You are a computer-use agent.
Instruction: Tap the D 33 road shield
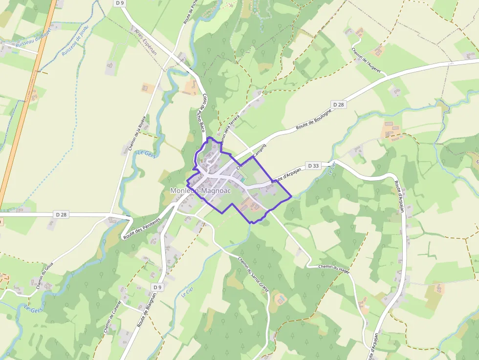tap(313, 166)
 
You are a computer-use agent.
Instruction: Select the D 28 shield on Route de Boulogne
tap(339, 105)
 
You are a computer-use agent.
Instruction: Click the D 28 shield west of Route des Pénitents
tap(61, 214)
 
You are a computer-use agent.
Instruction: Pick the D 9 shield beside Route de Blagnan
tap(157, 287)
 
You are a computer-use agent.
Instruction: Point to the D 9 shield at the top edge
tap(119, 3)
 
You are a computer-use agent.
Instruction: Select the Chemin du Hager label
tap(334, 267)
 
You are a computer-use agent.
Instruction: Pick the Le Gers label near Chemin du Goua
tap(34, 309)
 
